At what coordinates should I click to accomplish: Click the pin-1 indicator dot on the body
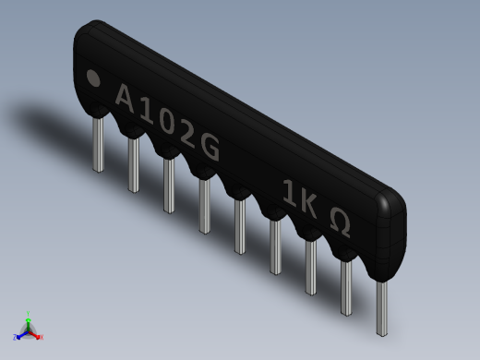(x=93, y=78)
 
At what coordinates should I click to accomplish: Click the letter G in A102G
(x=210, y=149)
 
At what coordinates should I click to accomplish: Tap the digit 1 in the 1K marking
(x=289, y=195)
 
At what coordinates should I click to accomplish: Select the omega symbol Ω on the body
(x=339, y=224)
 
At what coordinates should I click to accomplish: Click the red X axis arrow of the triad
(x=38, y=337)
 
